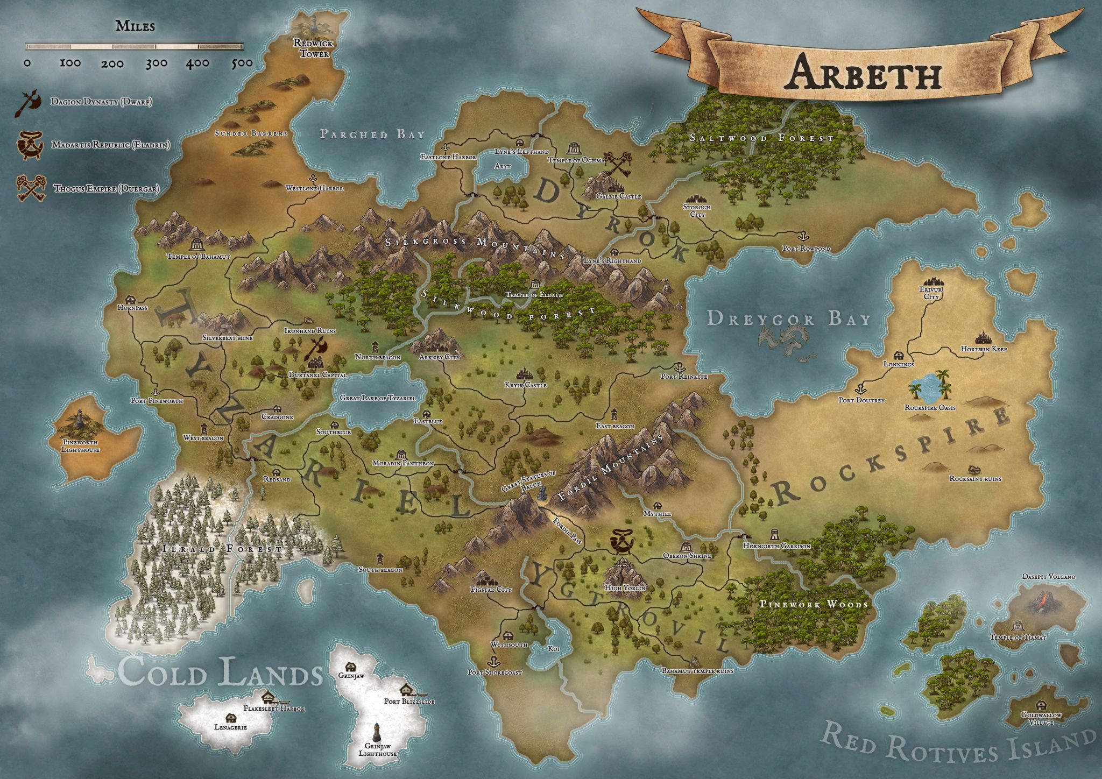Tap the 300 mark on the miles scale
156,63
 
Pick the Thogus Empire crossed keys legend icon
31,188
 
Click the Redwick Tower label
314,48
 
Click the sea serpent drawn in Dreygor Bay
786,342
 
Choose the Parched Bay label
372,134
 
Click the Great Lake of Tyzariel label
377,398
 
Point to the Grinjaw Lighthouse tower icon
377,731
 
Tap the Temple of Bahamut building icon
197,245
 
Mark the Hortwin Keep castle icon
984,337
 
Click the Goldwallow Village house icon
1042,705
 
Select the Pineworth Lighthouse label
80,445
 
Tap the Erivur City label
931,293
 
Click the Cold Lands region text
221,672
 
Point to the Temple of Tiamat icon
1017,626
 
